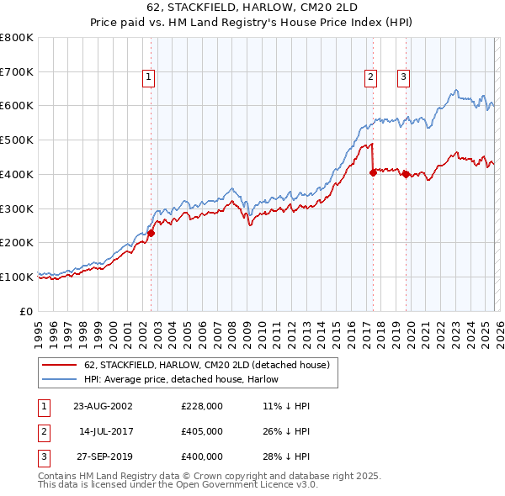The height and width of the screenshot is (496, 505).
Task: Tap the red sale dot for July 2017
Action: tap(373, 172)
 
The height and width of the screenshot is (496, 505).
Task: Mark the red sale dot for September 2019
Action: tap(406, 174)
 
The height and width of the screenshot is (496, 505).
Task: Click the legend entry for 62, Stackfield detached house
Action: tap(210, 365)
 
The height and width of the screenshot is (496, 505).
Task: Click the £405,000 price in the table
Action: tap(201, 431)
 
